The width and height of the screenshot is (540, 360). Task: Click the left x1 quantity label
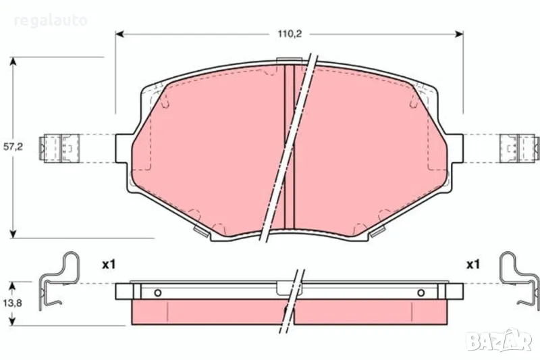[x=110, y=264]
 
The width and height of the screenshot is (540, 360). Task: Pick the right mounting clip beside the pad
[x=520, y=148]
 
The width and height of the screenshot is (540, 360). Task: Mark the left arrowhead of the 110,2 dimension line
[x=120, y=32]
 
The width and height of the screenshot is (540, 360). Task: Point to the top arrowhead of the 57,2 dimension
[x=13, y=61]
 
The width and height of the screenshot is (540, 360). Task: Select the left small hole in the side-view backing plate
[x=157, y=292]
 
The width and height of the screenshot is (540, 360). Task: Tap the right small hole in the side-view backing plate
[x=421, y=292]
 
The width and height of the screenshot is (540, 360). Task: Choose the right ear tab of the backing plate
[x=456, y=148]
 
